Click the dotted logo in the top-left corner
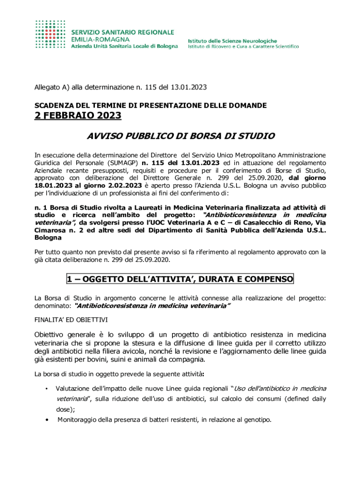pos(51,34)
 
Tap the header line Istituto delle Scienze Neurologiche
pos(232,41)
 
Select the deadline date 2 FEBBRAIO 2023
pos(78,116)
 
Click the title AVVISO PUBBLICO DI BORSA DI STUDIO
pos(181,137)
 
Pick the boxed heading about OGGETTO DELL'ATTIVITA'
pos(180,279)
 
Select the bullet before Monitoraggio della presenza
pos(46,420)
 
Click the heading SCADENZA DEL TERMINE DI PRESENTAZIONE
pos(151,105)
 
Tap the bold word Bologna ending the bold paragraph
pos(48,238)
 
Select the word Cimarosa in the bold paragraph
pos(50,230)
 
